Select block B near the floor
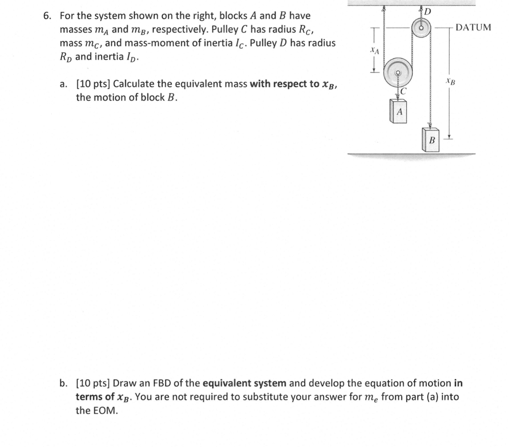[431, 140]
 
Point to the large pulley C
[399, 73]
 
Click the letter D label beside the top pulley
[427, 11]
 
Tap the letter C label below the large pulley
[404, 91]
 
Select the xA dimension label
[374, 51]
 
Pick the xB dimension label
[450, 81]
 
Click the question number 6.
[47, 16]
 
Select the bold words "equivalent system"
[244, 383]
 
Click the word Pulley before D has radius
[263, 43]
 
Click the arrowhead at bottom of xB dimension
[449, 136]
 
